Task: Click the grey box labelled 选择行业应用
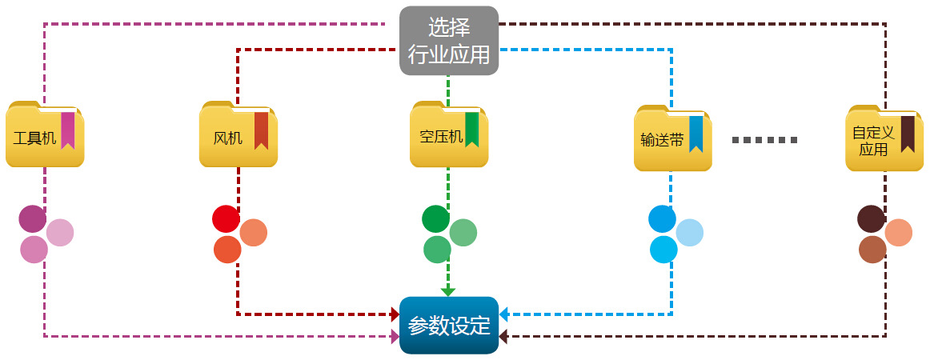pos(449,41)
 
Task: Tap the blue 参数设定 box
pos(449,326)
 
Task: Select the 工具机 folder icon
pos(45,135)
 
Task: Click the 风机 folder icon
pos(239,135)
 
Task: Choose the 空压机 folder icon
pos(449,135)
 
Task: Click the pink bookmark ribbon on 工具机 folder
pos(67,130)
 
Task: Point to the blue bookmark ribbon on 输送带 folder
pos(695,134)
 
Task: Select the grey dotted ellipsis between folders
pos(765,140)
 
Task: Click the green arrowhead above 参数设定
pos(448,290)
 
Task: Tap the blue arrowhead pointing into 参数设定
pos(504,315)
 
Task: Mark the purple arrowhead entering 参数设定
pos(395,337)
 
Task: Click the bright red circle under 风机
pos(226,218)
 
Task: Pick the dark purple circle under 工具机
pos(33,218)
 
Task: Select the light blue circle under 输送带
pos(689,233)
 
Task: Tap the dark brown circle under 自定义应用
pos(871,218)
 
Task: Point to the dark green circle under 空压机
pos(435,218)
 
